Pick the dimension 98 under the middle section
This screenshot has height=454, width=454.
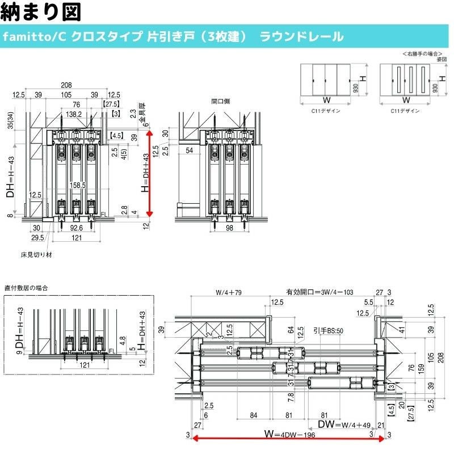[x=229, y=228]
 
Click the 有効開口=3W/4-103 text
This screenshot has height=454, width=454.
[x=320, y=292]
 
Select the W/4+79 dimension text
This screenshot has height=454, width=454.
[x=229, y=293]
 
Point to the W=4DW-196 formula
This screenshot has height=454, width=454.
[x=289, y=435]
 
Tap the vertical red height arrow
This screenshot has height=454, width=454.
[x=150, y=173]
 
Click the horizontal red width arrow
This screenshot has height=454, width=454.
[x=289, y=438]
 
